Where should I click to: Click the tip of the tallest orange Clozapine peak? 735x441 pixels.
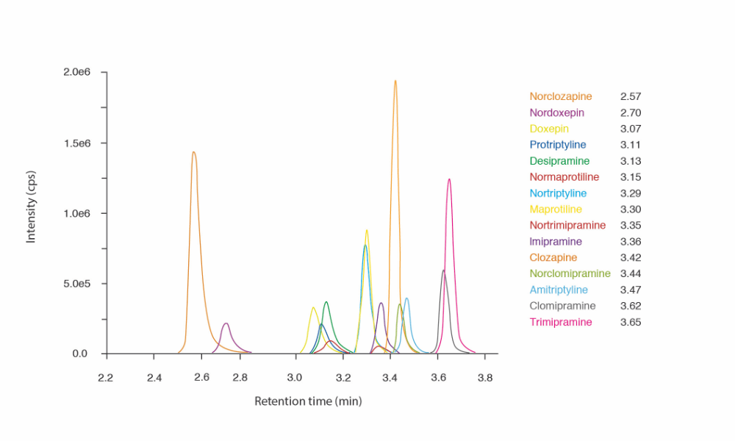click(395, 82)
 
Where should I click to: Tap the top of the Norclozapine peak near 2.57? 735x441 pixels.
click(193, 153)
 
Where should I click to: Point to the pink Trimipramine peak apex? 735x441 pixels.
click(449, 179)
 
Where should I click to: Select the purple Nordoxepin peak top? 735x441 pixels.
click(226, 323)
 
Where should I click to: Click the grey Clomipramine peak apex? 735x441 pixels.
click(443, 270)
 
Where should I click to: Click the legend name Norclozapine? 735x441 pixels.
click(561, 96)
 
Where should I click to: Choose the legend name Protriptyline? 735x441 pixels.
click(558, 145)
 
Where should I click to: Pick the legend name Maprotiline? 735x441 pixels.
click(556, 209)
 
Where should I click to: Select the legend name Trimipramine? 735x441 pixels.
click(560, 322)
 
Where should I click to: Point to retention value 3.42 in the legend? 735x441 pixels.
click(631, 257)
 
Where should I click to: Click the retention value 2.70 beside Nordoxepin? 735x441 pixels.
click(631, 112)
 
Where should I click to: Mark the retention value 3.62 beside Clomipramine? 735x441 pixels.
click(631, 306)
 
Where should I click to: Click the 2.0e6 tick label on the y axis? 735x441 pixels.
click(76, 73)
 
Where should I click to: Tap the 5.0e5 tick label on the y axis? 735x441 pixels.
click(76, 284)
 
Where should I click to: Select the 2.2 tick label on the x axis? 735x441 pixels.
click(107, 378)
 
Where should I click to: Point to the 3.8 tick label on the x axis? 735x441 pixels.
click(484, 378)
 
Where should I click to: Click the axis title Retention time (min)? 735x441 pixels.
click(308, 401)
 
